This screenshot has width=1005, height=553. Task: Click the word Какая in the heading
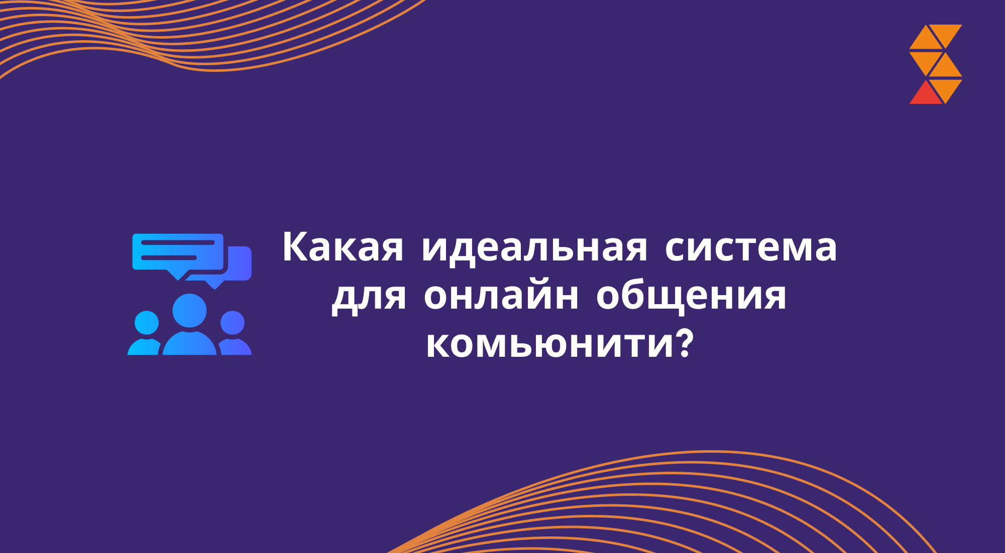(x=343, y=247)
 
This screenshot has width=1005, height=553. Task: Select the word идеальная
(x=534, y=248)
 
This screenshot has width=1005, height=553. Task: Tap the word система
(x=751, y=247)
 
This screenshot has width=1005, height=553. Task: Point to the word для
(x=369, y=296)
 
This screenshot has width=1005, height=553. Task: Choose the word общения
(x=691, y=296)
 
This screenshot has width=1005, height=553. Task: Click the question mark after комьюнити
(x=685, y=343)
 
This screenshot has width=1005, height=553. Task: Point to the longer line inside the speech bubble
(x=178, y=242)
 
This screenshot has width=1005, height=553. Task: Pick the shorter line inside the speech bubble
(x=169, y=257)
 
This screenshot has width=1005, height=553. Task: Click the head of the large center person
(x=189, y=310)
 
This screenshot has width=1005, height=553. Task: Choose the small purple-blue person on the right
(x=233, y=334)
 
